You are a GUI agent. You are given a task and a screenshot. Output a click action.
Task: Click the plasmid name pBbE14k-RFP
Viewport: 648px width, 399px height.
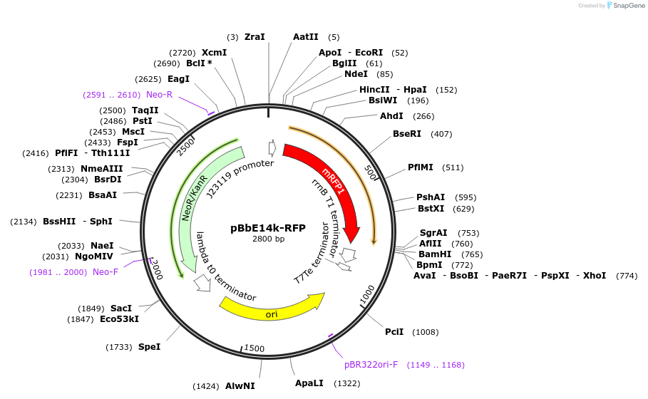(268, 228)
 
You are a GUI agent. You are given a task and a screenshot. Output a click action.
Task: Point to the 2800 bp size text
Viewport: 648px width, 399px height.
(268, 239)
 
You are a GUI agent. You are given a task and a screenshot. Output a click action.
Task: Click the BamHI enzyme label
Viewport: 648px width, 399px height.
(435, 254)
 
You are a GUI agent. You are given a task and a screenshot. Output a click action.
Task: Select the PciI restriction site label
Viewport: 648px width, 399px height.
(394, 332)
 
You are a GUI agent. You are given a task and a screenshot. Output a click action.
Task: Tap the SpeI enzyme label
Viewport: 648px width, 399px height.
(149, 347)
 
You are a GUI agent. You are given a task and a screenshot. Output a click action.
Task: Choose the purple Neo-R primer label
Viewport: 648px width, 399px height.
(159, 95)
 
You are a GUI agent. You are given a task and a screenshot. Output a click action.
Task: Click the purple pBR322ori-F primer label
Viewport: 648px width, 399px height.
(371, 365)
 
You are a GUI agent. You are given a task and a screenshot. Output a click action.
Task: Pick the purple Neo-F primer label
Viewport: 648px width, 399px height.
(106, 272)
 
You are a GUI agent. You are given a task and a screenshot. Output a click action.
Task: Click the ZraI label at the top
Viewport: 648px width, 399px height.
(254, 37)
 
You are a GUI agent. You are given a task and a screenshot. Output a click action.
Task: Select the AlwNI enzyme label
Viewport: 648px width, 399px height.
(240, 386)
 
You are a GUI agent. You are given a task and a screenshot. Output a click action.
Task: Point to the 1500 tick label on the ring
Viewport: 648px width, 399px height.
(254, 348)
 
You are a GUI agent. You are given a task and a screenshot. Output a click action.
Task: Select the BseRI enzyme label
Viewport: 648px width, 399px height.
(407, 134)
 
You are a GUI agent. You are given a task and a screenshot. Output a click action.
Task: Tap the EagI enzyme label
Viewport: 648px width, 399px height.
(178, 79)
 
